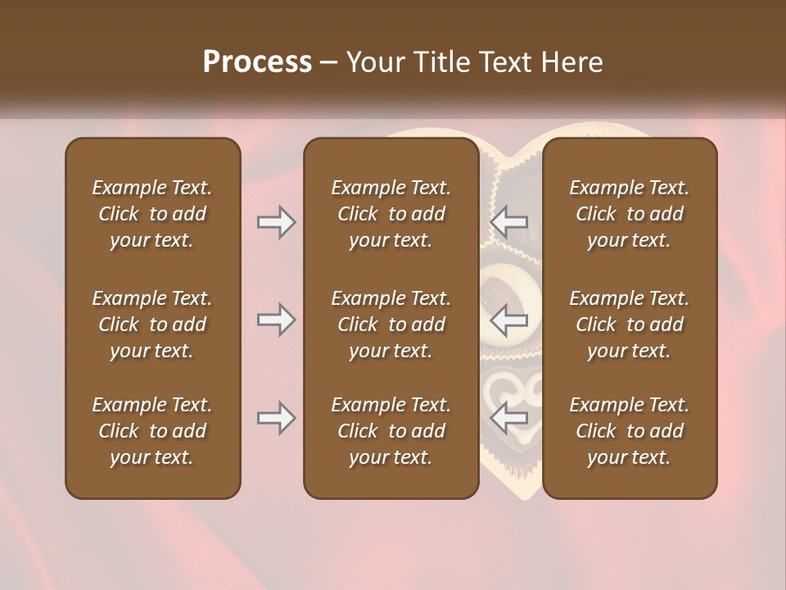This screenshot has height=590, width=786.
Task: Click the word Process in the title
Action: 257,62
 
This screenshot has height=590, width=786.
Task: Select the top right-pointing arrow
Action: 276,222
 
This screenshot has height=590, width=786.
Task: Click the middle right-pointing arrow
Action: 276,320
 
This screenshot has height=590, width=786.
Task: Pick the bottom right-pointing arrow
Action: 276,418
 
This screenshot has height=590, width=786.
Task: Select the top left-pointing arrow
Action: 509,222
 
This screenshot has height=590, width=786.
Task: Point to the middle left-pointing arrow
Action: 509,320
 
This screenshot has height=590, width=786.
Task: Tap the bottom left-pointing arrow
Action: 509,418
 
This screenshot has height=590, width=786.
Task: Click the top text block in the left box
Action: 152,214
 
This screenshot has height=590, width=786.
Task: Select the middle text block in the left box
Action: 152,324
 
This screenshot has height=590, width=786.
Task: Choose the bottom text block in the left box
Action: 152,431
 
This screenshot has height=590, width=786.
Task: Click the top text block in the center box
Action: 391,214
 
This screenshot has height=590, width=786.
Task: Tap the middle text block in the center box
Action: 391,324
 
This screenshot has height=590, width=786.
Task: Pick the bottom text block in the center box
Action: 391,431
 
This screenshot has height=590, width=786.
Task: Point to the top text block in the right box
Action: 629,214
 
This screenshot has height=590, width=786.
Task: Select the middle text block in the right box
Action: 629,324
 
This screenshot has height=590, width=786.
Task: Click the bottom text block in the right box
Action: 629,431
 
